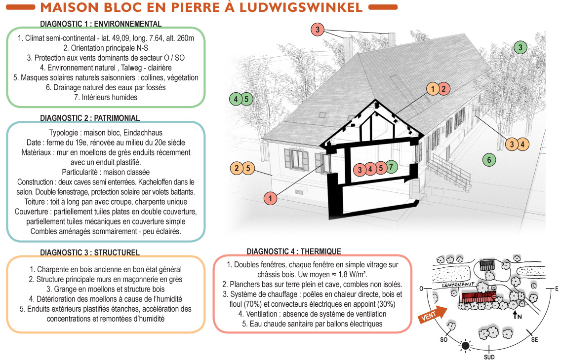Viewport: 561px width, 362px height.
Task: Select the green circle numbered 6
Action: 489,159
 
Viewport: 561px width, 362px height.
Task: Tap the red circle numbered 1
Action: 270,199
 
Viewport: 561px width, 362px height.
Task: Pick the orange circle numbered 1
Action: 433,89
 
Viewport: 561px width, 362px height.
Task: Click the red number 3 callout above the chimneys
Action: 318,30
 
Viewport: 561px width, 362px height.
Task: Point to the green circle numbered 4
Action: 236,99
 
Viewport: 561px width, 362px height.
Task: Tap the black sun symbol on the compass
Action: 465,346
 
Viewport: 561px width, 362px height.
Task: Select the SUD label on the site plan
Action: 489,357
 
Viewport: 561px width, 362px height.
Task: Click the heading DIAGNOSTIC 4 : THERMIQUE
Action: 293,252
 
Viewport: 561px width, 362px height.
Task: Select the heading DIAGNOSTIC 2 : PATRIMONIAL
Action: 90,118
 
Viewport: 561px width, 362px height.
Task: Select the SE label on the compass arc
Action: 534,340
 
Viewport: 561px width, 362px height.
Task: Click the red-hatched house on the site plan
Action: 478,296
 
